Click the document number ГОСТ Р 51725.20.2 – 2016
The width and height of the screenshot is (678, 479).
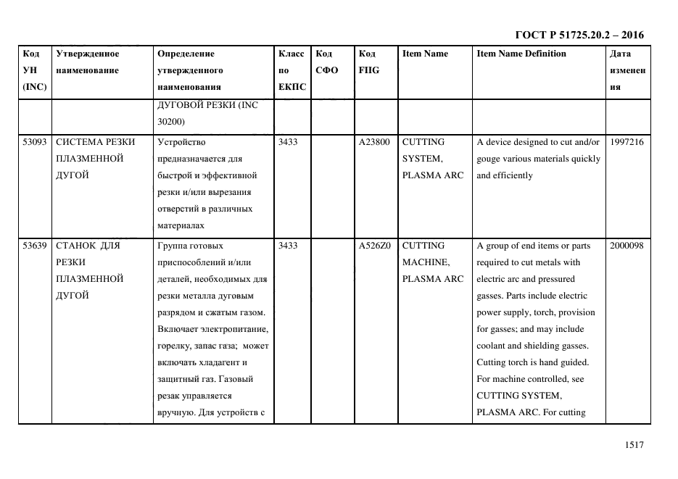(x=579, y=35)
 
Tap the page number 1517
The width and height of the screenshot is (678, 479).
(x=634, y=446)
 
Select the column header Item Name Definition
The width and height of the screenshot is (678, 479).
(x=521, y=54)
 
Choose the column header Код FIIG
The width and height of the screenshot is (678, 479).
(x=368, y=62)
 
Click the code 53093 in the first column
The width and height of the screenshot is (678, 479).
(x=35, y=142)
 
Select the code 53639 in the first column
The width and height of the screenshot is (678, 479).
(x=35, y=246)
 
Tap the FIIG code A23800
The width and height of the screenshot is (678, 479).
(x=375, y=142)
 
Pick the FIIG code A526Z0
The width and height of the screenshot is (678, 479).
(x=375, y=246)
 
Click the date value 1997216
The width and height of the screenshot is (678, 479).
(x=627, y=142)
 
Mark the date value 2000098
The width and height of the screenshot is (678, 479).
(x=627, y=246)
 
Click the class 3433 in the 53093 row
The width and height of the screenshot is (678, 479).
(x=288, y=142)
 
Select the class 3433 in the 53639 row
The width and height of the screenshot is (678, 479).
(x=288, y=246)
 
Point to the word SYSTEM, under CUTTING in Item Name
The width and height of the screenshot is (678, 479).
(x=421, y=159)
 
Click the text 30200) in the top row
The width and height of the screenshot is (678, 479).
(x=170, y=122)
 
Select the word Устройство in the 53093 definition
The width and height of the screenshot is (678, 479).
(x=182, y=142)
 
